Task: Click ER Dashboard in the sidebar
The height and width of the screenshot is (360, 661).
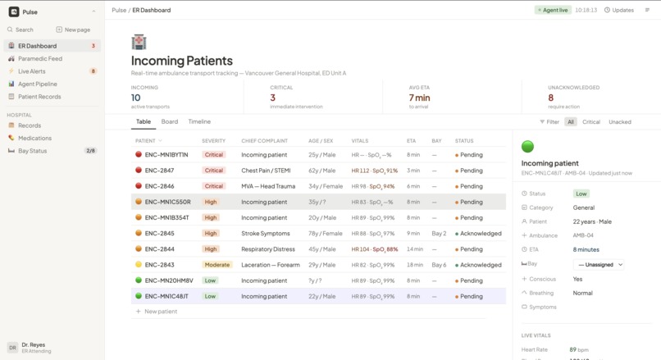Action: pos(38,46)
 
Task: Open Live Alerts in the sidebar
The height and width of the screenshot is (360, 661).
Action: pos(32,71)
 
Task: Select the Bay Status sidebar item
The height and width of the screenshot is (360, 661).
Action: pos(33,151)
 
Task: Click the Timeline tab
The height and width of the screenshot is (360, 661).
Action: pos(199,121)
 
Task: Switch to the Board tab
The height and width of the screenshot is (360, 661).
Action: pos(170,121)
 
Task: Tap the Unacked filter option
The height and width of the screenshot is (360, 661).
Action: pos(619,122)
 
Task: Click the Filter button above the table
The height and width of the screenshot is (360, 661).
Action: pos(549,122)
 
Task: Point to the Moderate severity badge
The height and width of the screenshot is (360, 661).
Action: pos(217,265)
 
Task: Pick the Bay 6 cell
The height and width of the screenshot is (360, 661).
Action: pos(439,265)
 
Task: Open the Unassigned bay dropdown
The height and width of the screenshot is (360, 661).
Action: pos(599,264)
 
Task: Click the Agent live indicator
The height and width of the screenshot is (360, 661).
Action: pos(553,10)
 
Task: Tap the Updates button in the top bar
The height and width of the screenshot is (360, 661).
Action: pos(619,10)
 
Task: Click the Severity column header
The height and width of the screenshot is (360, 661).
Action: pos(213,141)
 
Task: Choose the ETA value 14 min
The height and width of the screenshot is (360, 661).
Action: pos(415,249)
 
